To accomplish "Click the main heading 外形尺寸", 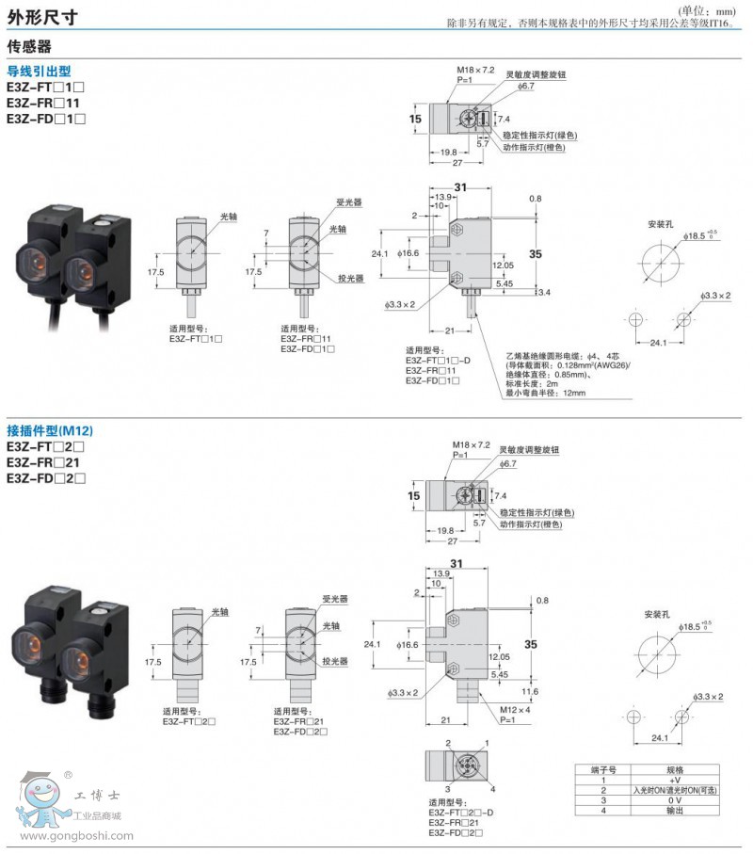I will click(x=42, y=16).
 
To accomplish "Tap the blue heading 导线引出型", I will click(x=39, y=71).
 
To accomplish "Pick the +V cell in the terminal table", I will click(x=674, y=781).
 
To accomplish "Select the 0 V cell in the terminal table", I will click(x=674, y=799).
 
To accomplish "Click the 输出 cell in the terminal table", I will click(x=674, y=810).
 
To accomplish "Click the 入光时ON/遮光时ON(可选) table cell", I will click(x=674, y=790).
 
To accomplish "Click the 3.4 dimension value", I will click(x=544, y=294).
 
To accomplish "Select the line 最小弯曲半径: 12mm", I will click(x=545, y=394).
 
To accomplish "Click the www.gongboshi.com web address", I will click(x=75, y=835).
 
